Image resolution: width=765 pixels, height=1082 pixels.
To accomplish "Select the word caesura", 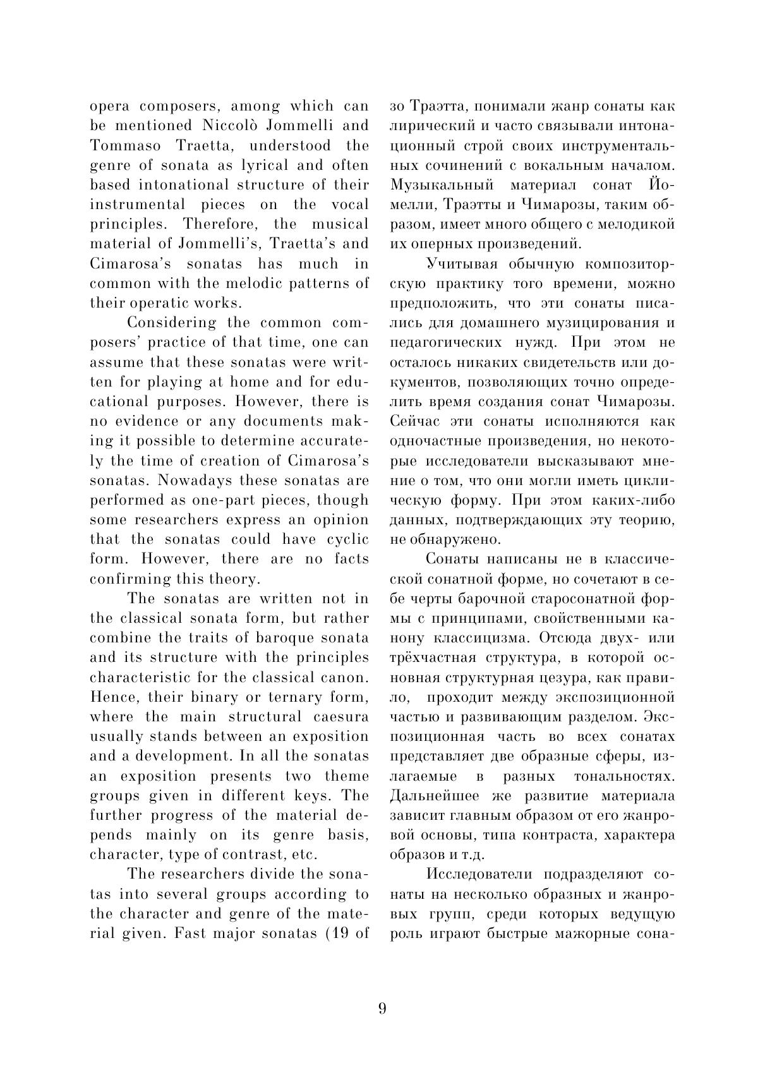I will tap(340, 717).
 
